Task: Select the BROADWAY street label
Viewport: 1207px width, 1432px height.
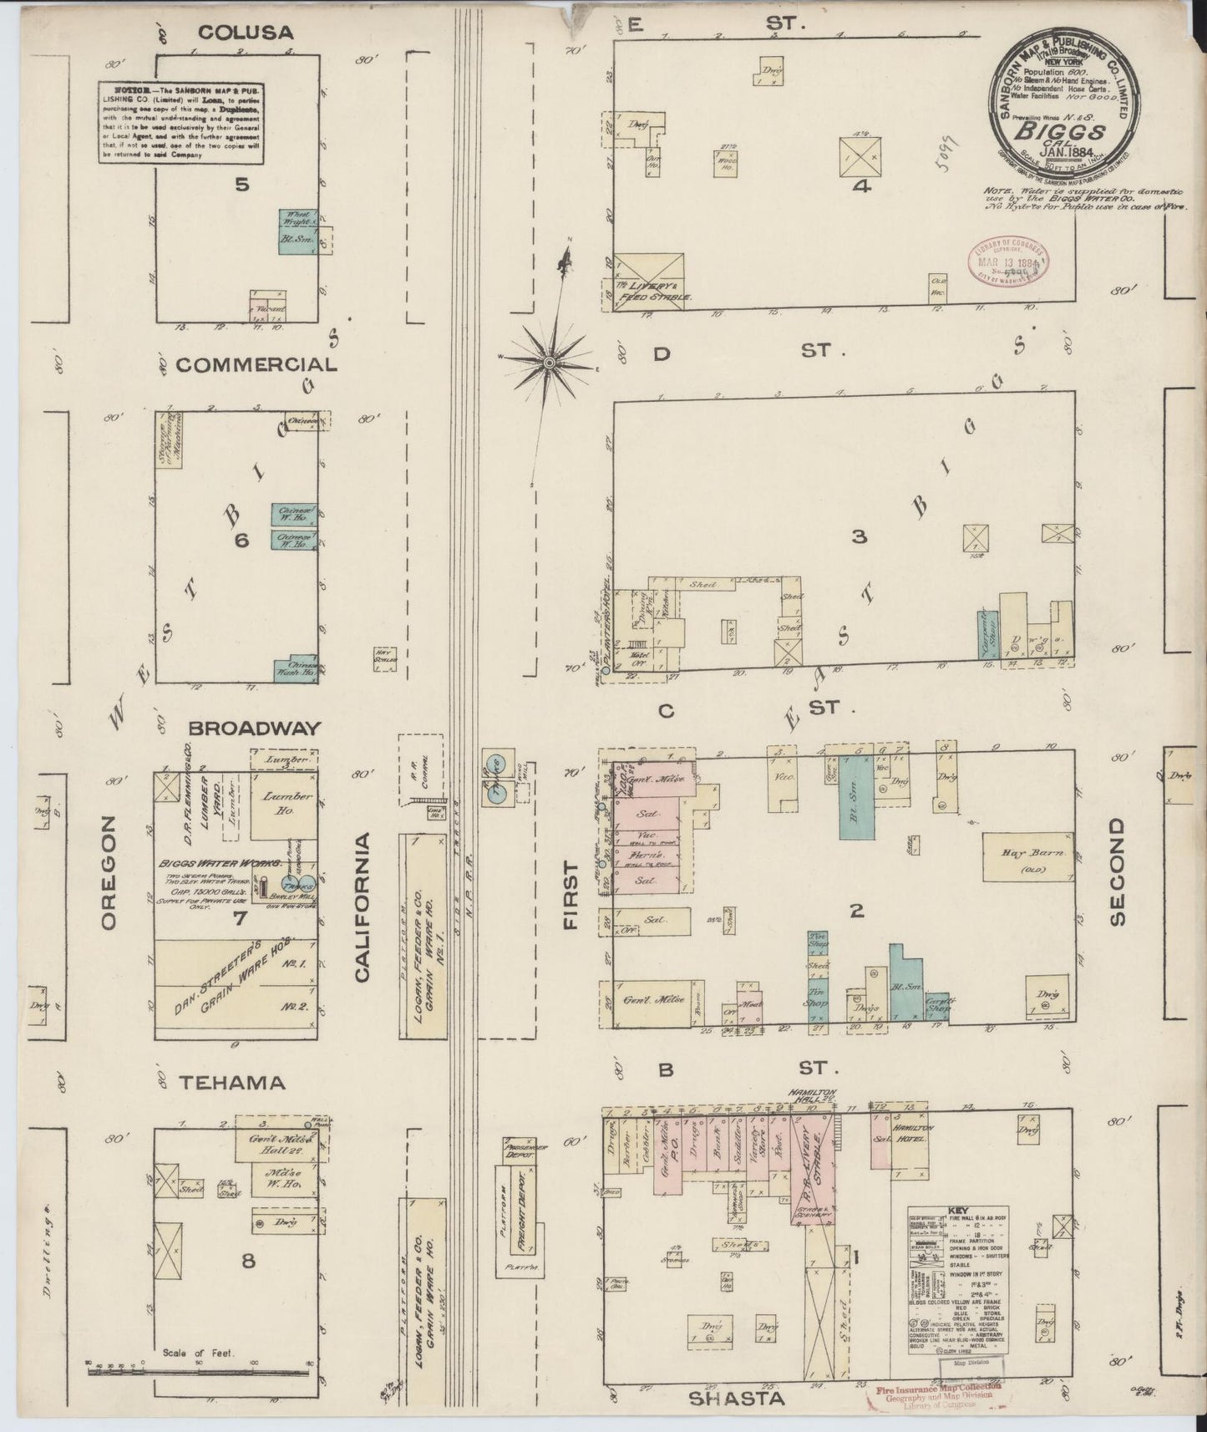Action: pyautogui.click(x=254, y=728)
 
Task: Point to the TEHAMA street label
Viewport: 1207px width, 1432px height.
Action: pyautogui.click(x=232, y=1082)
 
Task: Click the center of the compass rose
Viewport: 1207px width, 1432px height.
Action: pyautogui.click(x=550, y=363)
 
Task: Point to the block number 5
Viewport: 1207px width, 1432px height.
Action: pyautogui.click(x=241, y=185)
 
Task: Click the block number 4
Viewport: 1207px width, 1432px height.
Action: pyautogui.click(x=861, y=186)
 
